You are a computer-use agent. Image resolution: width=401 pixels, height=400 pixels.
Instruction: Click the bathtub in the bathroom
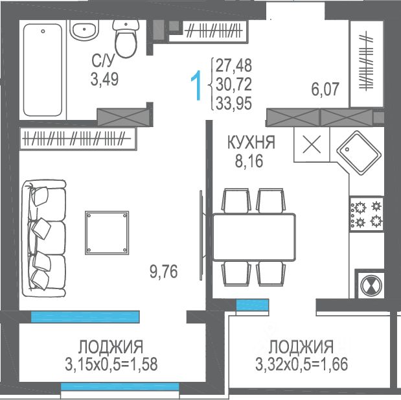[x=43, y=70]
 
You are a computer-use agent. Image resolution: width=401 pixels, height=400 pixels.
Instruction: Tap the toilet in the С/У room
[x=126, y=38]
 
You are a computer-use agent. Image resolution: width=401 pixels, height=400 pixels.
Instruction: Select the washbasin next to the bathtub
[x=84, y=30]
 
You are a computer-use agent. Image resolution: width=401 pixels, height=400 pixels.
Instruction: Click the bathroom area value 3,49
[x=104, y=79]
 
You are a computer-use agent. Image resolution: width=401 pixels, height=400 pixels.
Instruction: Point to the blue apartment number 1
[x=197, y=86]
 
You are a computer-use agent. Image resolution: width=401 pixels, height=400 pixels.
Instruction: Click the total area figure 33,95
[x=234, y=103]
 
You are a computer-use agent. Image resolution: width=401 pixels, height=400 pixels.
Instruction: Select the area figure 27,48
[x=234, y=65]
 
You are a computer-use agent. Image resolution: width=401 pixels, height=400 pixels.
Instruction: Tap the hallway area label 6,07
[x=325, y=89]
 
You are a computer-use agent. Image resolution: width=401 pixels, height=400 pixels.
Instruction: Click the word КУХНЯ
[x=251, y=142]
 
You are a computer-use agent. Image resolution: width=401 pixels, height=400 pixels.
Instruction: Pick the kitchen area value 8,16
[x=249, y=161]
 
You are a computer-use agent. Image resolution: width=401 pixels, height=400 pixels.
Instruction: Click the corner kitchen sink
[x=359, y=153]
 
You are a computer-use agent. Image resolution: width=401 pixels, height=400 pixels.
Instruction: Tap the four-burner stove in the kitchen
[x=367, y=214]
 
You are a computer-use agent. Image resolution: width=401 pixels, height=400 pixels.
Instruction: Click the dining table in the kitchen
[x=254, y=237]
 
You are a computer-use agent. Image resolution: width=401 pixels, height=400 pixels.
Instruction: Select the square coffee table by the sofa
[x=107, y=233]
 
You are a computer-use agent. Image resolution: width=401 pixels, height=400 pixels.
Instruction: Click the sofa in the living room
[x=44, y=239]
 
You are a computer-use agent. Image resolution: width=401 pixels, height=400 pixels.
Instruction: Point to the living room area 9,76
[x=163, y=272]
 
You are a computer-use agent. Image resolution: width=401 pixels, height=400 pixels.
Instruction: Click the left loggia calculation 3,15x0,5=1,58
[x=111, y=364]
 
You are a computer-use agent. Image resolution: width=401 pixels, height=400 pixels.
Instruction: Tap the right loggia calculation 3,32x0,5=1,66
[x=301, y=364]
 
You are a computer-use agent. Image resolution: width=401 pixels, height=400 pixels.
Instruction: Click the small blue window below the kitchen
[x=253, y=305]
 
